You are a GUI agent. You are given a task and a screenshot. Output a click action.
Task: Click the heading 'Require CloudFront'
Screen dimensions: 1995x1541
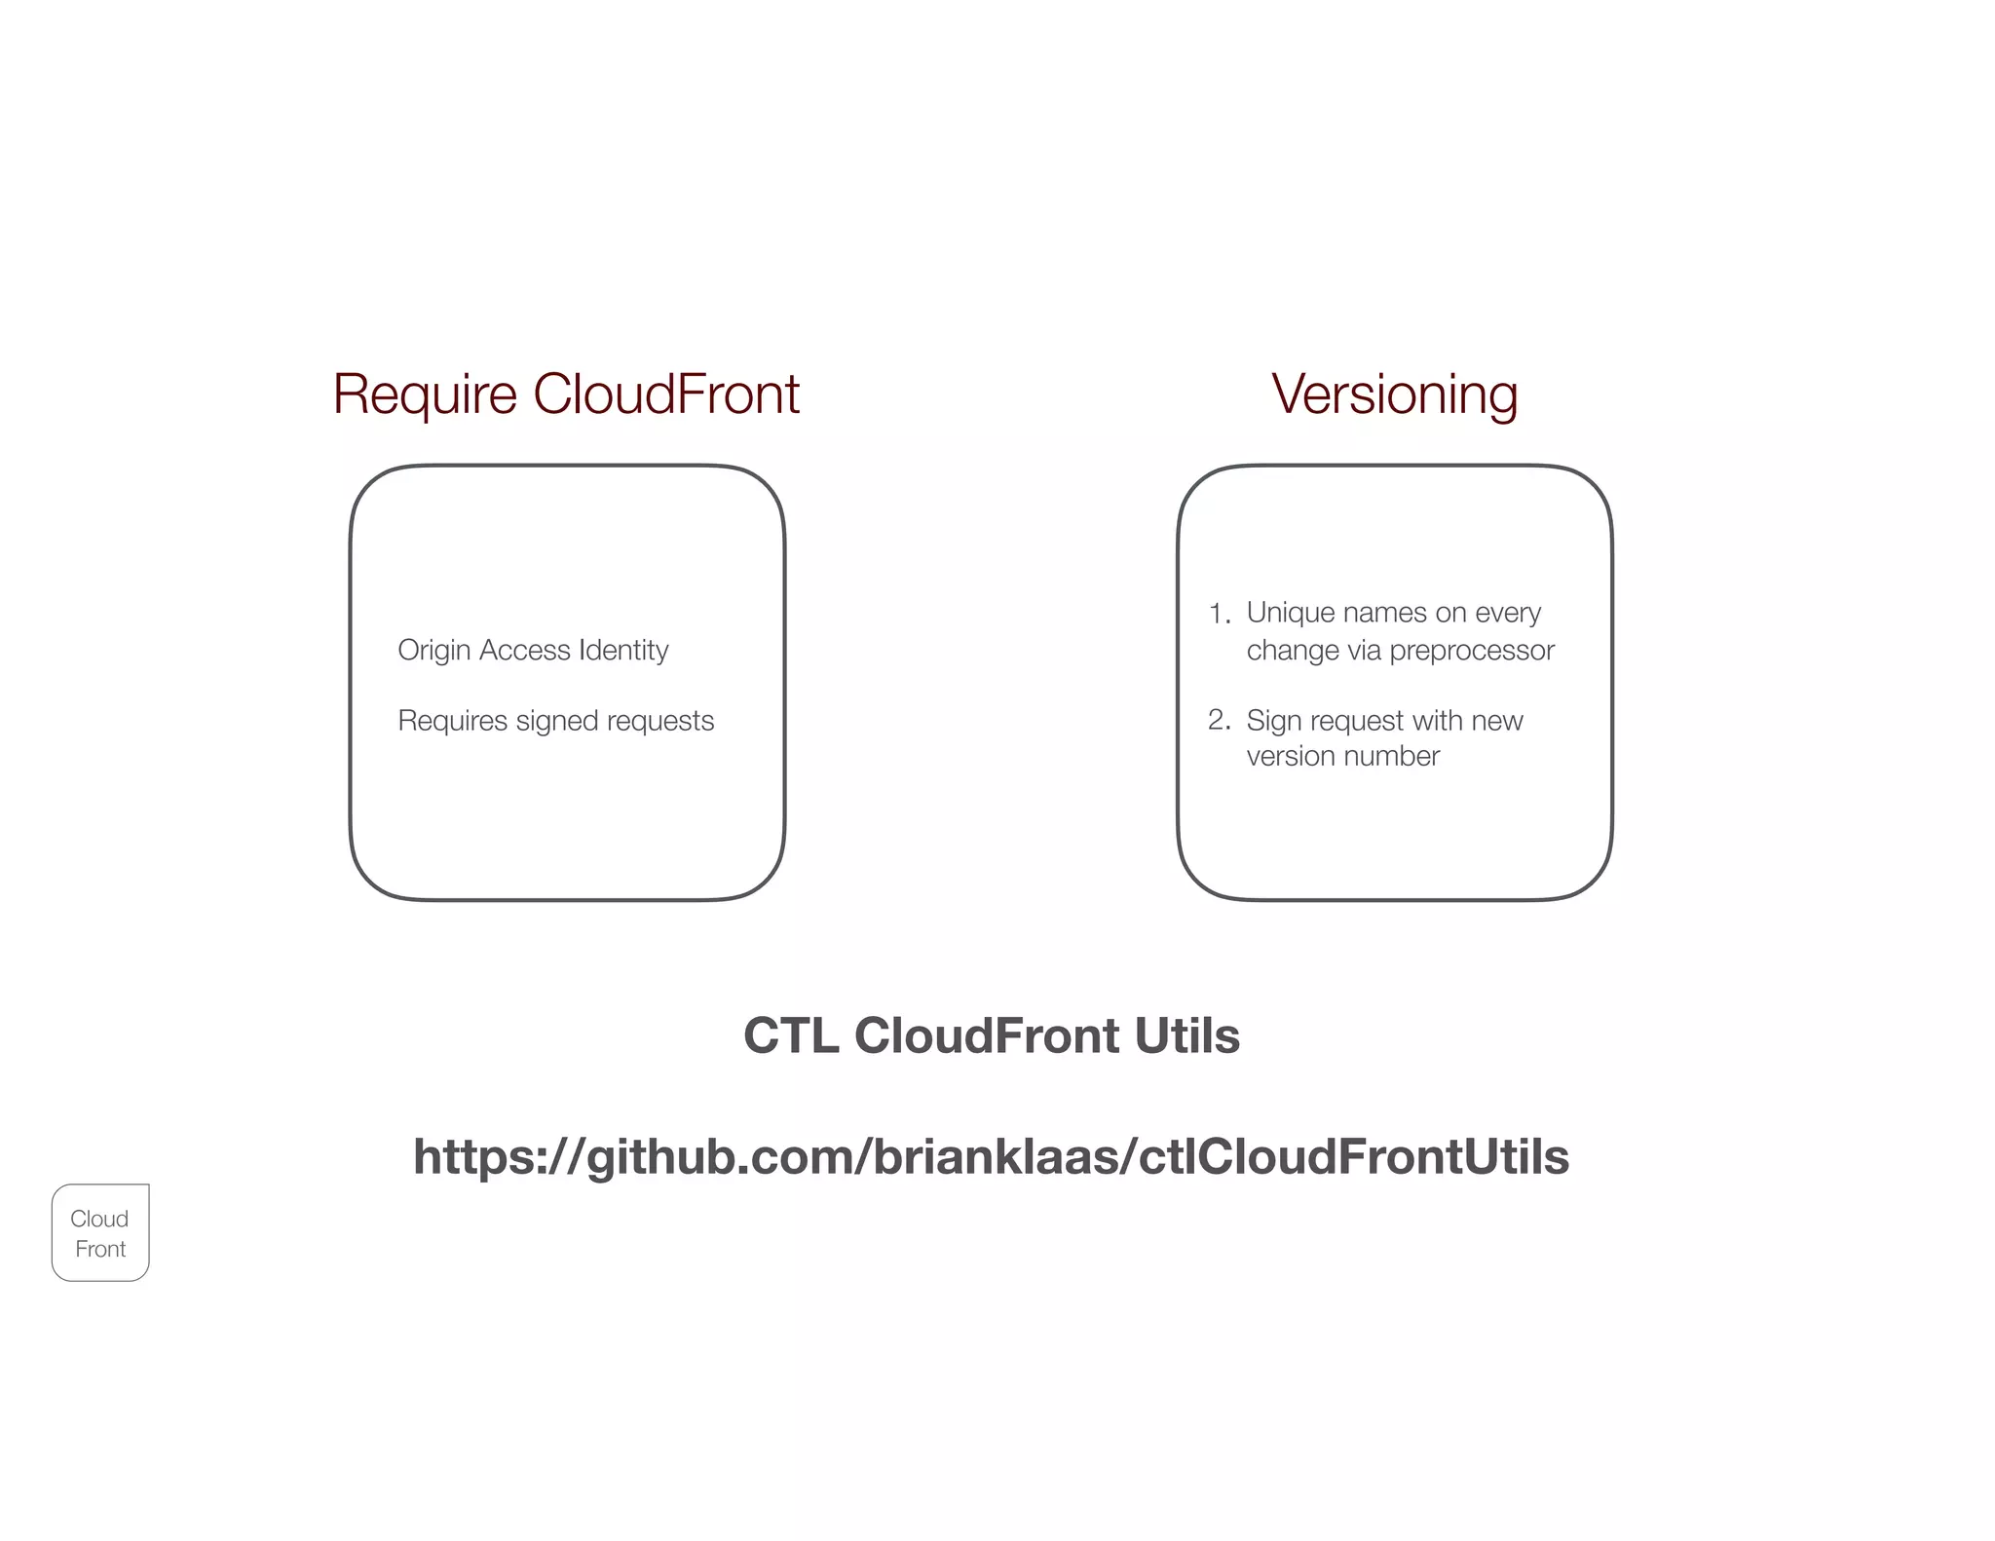pos(566,395)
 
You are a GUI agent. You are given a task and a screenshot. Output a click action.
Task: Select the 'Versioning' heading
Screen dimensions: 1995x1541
pos(1394,395)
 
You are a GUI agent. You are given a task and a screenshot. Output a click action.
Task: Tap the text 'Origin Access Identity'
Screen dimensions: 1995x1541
pos(533,650)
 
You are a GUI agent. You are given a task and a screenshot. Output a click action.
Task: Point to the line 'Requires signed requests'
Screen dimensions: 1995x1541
pos(555,721)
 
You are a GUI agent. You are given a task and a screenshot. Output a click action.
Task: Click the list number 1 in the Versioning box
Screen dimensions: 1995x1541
pos(1218,614)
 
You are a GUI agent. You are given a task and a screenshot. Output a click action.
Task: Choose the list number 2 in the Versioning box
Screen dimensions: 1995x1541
pos(1218,720)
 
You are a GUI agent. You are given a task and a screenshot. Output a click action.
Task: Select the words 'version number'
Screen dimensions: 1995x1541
pos(1342,756)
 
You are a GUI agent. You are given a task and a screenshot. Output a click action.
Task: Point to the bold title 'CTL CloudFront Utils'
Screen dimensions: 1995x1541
pos(991,1035)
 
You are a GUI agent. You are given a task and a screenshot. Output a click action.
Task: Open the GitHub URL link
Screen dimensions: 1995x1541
pos(991,1157)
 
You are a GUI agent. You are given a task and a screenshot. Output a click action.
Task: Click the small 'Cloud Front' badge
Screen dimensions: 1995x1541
pos(100,1233)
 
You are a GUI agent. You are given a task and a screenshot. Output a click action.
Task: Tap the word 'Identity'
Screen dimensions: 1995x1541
pos(623,650)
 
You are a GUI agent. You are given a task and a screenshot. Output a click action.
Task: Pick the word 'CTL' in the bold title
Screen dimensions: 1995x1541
pos(790,1035)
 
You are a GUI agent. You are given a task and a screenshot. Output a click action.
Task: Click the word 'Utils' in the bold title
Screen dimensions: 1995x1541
pos(1186,1035)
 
